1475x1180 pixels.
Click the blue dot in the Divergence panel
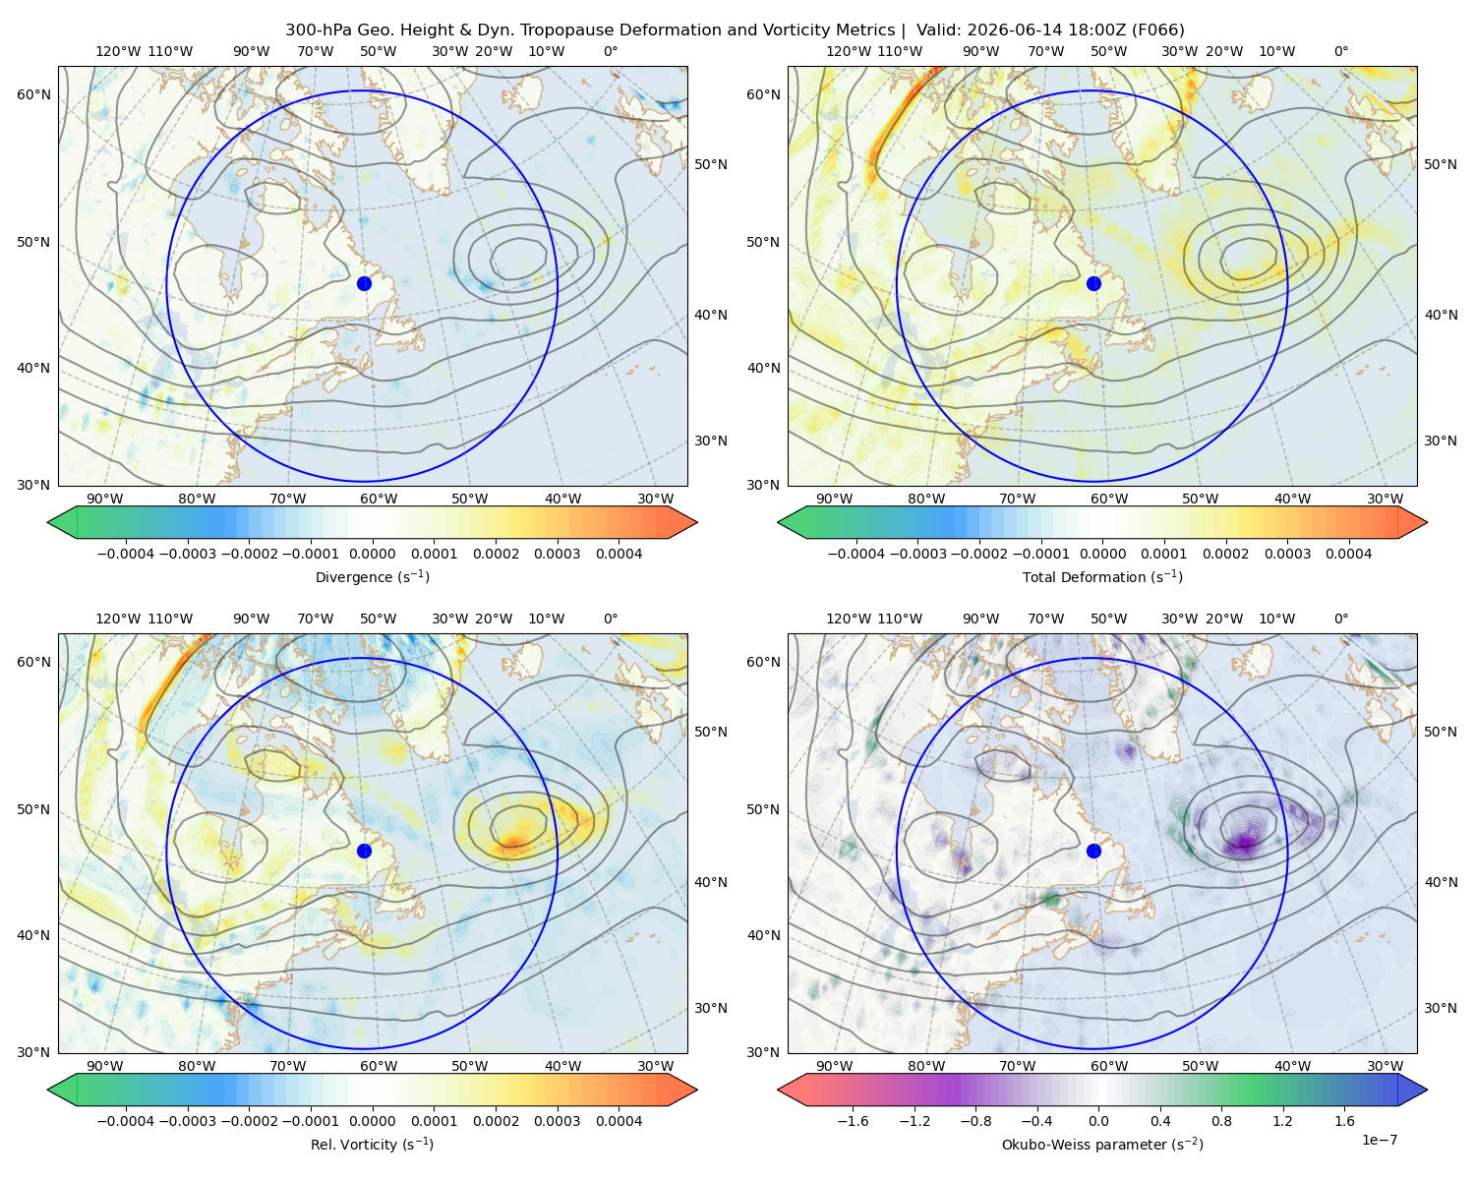364,283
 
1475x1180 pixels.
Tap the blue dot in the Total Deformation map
1093,283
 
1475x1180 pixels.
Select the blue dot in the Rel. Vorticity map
364,851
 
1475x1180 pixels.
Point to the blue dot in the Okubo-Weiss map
1093,851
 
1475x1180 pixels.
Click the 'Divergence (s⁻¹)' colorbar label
372,576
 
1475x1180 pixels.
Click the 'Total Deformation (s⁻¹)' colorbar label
1102,576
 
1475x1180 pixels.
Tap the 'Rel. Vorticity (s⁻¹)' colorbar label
372,1144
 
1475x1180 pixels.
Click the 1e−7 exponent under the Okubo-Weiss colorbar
1379,1140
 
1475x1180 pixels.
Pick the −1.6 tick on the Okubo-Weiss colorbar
853,1120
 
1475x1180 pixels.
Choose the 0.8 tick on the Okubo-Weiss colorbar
1221,1120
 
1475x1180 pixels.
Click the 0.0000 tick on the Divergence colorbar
372,554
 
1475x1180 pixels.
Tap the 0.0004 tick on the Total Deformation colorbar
1348,554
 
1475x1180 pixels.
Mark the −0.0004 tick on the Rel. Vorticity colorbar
126,1120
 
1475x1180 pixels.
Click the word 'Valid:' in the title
939,30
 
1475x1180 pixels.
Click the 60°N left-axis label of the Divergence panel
33,94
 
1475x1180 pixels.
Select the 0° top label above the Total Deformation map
1340,51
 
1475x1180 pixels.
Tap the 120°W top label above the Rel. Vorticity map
118,619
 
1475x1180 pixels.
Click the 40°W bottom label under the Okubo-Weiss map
1292,1066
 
